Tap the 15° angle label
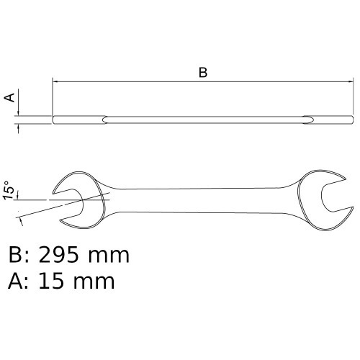(x=9, y=189)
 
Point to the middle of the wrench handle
(x=205, y=199)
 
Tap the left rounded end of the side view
(x=54, y=119)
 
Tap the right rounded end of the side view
(x=352, y=119)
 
